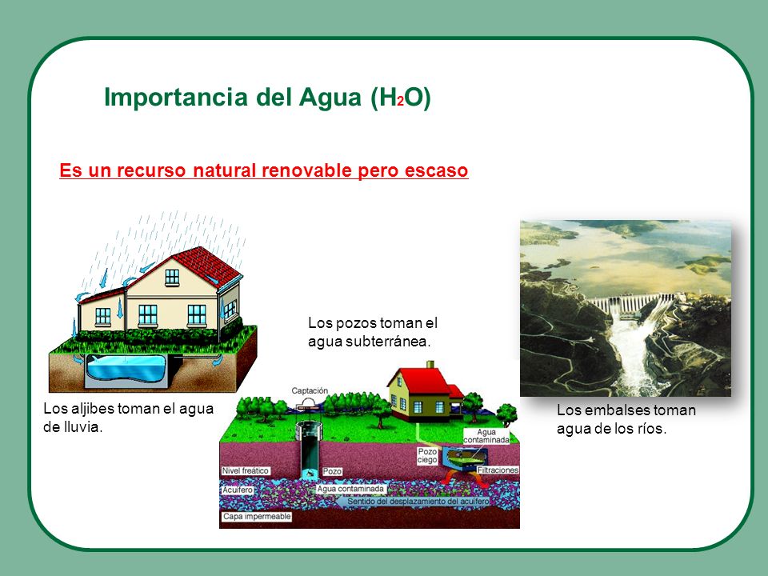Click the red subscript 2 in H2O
(x=400, y=102)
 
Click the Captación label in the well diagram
(x=310, y=391)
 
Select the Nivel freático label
(x=246, y=470)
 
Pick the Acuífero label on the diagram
(x=238, y=490)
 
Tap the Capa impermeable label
(x=257, y=517)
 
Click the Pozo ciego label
(x=427, y=455)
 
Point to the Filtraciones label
(x=498, y=470)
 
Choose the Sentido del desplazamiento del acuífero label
(x=418, y=502)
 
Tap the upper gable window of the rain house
(x=172, y=278)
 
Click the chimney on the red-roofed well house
(x=430, y=365)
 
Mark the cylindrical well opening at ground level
(x=309, y=430)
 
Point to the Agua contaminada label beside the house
(x=486, y=437)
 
